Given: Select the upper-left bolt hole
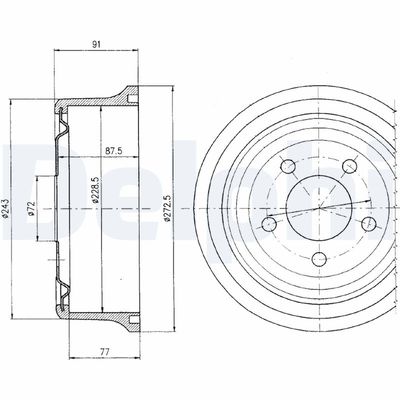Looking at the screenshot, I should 287,165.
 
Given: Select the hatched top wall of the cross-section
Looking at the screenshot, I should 95,100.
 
